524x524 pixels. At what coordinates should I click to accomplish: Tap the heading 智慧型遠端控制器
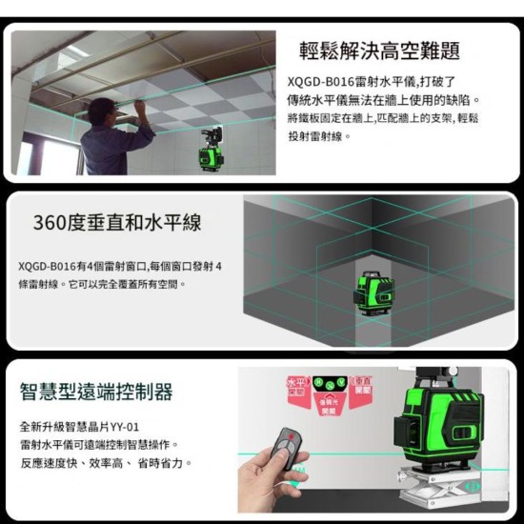(x=96, y=391)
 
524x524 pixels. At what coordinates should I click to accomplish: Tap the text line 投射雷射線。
(x=319, y=137)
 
